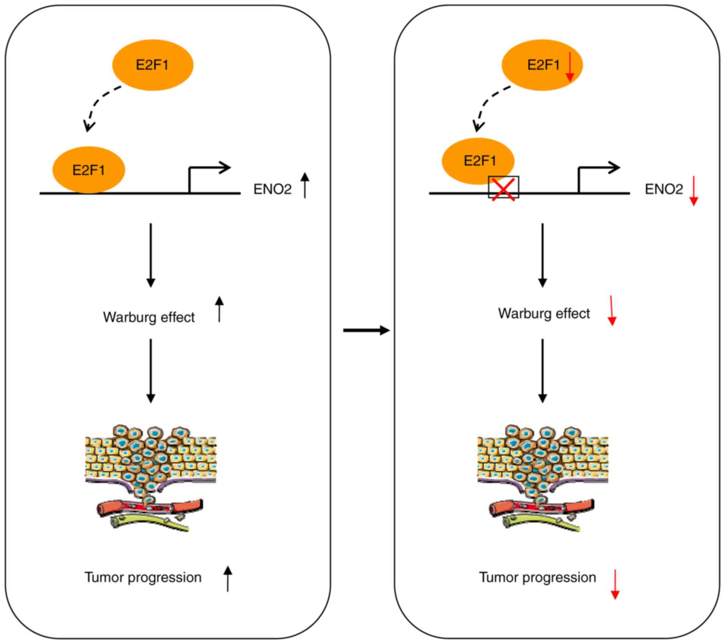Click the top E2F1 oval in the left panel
click(153, 65)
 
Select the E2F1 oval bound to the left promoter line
click(88, 170)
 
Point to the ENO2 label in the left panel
click(272, 189)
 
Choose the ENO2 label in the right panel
click(664, 189)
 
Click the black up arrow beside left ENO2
click(305, 185)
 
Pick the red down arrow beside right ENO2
click(694, 191)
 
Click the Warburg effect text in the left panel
click(149, 317)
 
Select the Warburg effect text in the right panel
click(544, 313)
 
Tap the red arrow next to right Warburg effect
click(611, 311)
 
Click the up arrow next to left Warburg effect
click(219, 309)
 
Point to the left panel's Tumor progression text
click(143, 577)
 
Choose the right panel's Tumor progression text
click(537, 577)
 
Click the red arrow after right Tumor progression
click(615, 584)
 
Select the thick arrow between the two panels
click(366, 330)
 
